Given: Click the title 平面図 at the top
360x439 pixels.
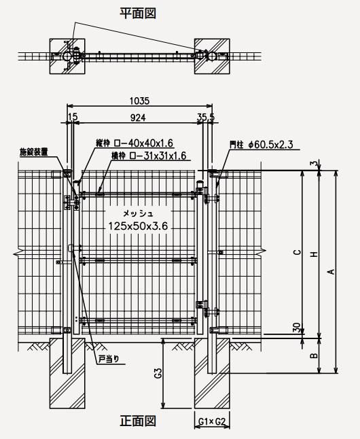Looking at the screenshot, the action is point(138,13).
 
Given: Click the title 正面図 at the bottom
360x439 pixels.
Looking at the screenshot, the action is point(138,421).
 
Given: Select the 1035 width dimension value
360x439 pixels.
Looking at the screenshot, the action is point(140,101).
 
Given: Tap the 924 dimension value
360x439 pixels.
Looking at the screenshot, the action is point(138,118).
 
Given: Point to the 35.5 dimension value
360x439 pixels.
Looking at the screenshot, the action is point(206,117).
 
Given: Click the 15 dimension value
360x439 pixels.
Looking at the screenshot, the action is point(73,116).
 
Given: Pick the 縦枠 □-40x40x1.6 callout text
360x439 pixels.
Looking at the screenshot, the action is point(134,143).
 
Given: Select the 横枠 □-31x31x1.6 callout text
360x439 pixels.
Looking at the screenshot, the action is point(149,156).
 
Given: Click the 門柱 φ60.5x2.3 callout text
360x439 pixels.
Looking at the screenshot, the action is point(262,145).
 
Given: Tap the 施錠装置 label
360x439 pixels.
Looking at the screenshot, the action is point(33,152).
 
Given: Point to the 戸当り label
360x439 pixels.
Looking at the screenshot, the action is point(109,359).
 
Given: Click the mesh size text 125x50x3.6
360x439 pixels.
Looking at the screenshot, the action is point(138,226).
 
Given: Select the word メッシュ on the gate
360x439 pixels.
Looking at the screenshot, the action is point(139,213).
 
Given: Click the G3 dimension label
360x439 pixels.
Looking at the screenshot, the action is point(158,374).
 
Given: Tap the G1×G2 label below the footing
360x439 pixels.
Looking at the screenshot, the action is point(212,421).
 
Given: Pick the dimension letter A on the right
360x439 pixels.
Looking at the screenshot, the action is point(331,272).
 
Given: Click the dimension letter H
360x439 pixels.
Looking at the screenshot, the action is point(314,254).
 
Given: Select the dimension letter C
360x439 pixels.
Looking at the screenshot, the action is point(298,252).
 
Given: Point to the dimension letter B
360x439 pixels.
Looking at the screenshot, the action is point(314,355).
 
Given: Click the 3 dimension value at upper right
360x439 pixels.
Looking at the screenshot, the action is point(316,163).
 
